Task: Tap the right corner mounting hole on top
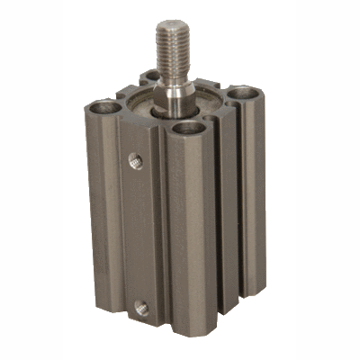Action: [242, 93]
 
